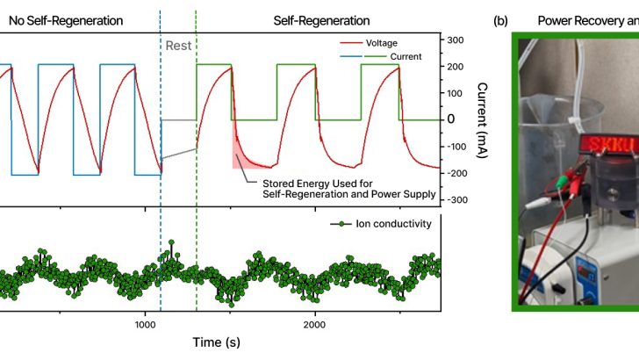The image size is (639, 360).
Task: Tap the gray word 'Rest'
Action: point(176,45)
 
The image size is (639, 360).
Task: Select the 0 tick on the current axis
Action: point(451,119)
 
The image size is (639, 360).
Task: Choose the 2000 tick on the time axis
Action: point(315,323)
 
